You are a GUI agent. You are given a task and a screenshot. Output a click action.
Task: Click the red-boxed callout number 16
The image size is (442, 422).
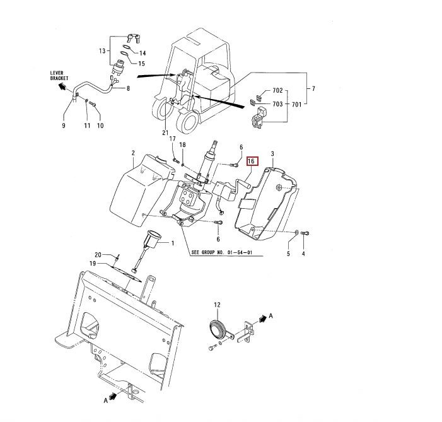point(251,161)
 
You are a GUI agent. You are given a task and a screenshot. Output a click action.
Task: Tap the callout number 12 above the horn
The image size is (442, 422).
point(218,305)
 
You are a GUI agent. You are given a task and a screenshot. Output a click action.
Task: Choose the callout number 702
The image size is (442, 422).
point(277,91)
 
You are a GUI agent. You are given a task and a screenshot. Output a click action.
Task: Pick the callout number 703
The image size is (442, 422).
point(277,103)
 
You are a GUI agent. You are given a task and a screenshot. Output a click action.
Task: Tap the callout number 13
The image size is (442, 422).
point(103,50)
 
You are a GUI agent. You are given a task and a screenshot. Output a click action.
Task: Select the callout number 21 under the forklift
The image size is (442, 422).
point(165,132)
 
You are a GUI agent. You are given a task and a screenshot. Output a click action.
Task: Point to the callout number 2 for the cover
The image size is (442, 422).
point(134,153)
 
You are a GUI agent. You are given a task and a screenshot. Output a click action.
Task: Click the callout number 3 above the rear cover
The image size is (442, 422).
point(272,153)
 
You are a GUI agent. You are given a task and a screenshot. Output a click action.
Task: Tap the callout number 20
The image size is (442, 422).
point(98,254)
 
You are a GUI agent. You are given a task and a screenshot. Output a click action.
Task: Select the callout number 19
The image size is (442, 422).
point(92,263)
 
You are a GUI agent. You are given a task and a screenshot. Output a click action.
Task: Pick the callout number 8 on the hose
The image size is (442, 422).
point(128,89)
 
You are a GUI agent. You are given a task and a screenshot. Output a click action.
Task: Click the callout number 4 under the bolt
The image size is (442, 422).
point(303,254)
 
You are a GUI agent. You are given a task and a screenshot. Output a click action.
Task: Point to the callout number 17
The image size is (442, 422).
point(172,139)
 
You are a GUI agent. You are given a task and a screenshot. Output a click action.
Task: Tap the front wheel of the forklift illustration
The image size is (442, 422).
point(189,120)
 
